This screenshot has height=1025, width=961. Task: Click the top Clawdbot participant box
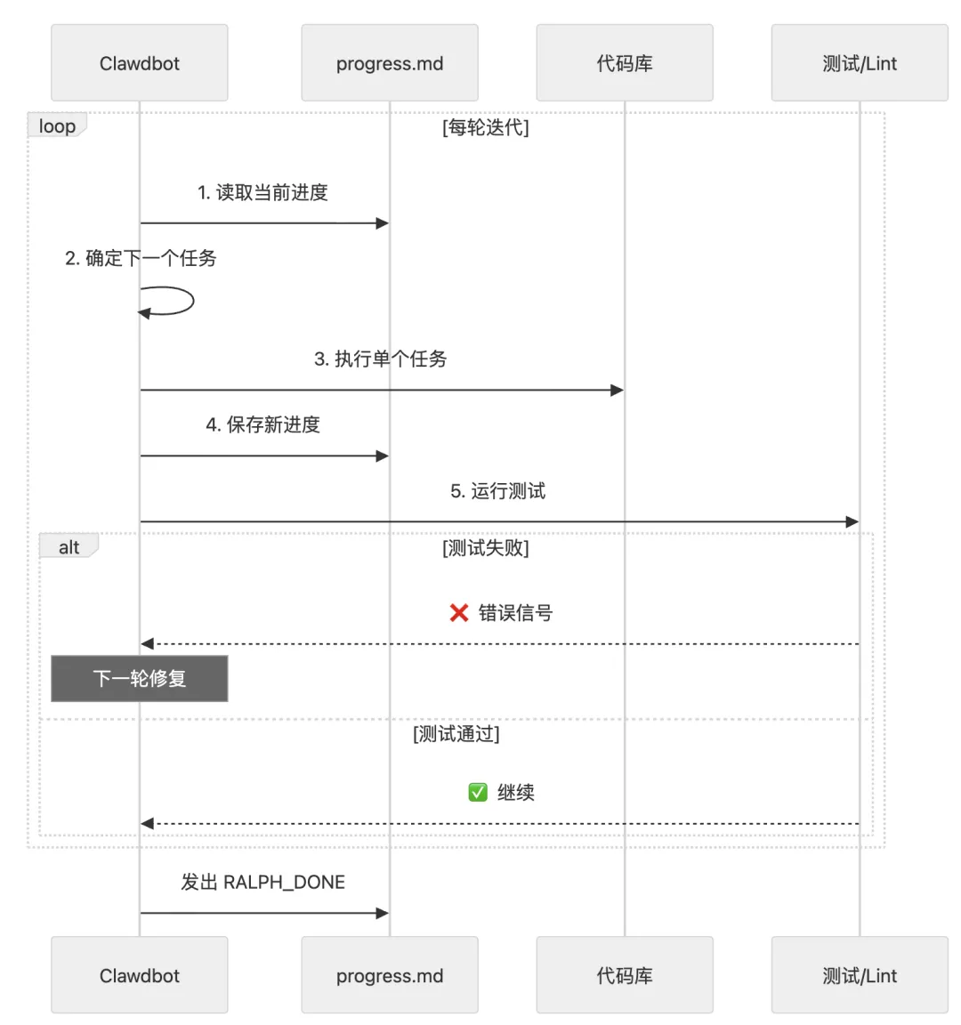pyautogui.click(x=140, y=63)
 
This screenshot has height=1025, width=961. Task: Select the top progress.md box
pyautogui.click(x=390, y=63)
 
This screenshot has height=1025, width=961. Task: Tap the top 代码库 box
pyautogui.click(x=625, y=63)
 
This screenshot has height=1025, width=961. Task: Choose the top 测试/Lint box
pyautogui.click(x=860, y=63)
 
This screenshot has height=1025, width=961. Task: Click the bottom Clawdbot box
pyautogui.click(x=140, y=975)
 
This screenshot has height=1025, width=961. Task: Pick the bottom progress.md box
pyautogui.click(x=390, y=975)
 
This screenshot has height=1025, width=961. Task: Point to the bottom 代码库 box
pyautogui.click(x=625, y=975)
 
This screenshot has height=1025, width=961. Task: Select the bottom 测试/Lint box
pyautogui.click(x=860, y=975)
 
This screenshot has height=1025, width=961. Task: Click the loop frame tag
pyautogui.click(x=57, y=126)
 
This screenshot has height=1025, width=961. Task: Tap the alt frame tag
pyautogui.click(x=69, y=547)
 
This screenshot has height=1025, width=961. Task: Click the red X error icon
pyautogui.click(x=459, y=613)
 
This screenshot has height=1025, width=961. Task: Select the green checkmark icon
pyautogui.click(x=478, y=792)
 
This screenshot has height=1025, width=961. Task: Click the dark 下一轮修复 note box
pyautogui.click(x=140, y=679)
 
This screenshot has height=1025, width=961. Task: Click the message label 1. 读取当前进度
pyautogui.click(x=262, y=192)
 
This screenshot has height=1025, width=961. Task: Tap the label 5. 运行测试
pyautogui.click(x=497, y=491)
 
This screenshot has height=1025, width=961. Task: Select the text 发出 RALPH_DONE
pyautogui.click(x=262, y=882)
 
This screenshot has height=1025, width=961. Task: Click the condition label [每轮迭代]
pyautogui.click(x=486, y=127)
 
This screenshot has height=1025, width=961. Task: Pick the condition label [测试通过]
pyautogui.click(x=456, y=734)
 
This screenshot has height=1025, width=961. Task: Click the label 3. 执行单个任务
pyautogui.click(x=381, y=359)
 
